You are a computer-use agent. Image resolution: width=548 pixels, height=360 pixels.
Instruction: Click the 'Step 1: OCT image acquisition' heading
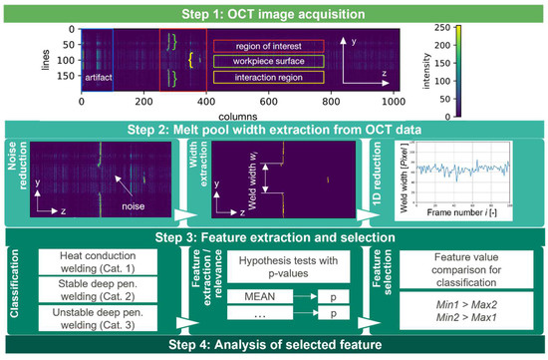(274, 10)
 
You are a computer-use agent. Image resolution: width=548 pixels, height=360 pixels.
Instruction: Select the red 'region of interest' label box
(267, 46)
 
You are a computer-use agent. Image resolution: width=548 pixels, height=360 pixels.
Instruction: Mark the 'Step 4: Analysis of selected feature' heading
(274, 346)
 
